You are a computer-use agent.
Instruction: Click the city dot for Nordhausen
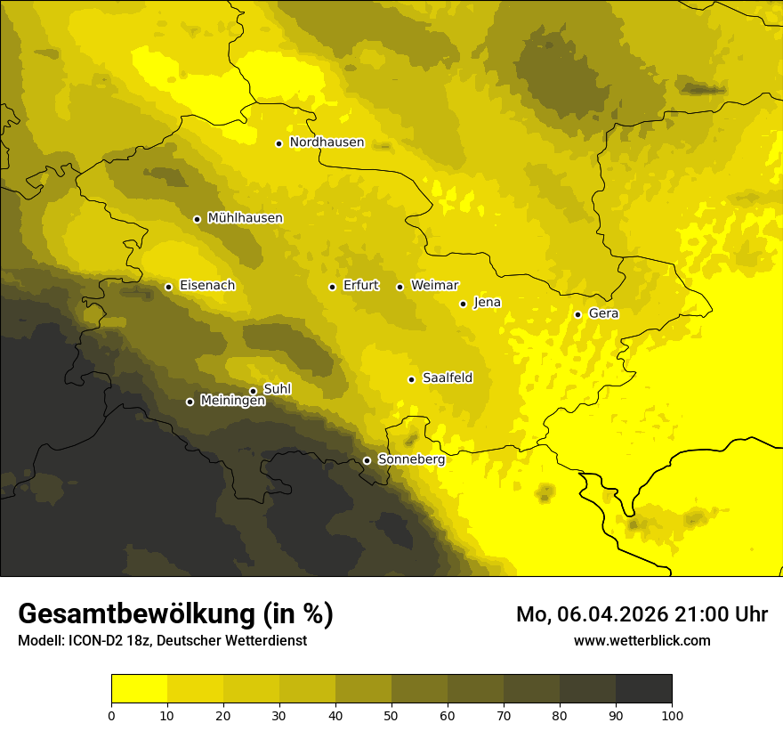pos(278,143)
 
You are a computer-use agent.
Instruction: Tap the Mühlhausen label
pos(245,218)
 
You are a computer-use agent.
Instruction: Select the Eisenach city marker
pos(168,287)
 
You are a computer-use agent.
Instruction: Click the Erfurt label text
pos(360,286)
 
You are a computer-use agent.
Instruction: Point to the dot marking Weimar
pos(400,287)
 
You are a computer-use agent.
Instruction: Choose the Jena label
pos(487,303)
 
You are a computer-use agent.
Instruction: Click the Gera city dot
pos(577,314)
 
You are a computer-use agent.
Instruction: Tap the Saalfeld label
pos(447,378)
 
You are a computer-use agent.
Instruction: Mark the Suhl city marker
pos(253,391)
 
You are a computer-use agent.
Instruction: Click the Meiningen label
pos(232,402)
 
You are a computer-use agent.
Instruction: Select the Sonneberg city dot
pos(367,460)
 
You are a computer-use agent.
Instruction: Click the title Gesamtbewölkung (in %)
pos(175,614)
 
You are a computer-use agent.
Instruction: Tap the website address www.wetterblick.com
pos(642,640)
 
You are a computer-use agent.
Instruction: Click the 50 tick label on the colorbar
pos(391,714)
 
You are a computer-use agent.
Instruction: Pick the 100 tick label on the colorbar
pos(671,714)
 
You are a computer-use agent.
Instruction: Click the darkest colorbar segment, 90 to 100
pos(643,689)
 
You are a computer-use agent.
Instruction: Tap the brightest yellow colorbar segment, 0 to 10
pos(139,689)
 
